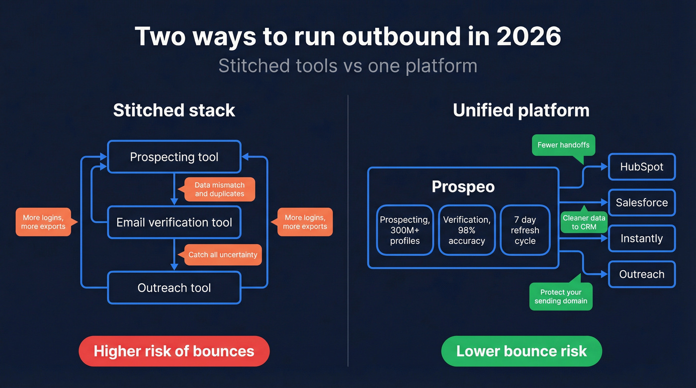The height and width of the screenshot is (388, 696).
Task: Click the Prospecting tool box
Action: tap(174, 157)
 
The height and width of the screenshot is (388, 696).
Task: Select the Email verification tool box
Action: tap(174, 223)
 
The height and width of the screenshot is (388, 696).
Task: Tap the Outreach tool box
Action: tap(174, 288)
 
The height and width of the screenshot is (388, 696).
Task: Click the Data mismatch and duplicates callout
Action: tap(220, 190)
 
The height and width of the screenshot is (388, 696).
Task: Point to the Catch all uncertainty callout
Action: tap(223, 255)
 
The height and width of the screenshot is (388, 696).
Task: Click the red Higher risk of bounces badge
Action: tap(174, 351)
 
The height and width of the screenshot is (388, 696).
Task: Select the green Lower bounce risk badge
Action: tap(522, 351)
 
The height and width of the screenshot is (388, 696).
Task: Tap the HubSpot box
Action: tap(641, 167)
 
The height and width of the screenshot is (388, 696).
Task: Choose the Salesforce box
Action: tap(641, 203)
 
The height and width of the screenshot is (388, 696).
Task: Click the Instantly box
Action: tap(641, 238)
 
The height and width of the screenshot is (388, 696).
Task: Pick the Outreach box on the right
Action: tap(641, 274)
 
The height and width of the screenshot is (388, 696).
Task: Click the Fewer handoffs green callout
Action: tap(563, 145)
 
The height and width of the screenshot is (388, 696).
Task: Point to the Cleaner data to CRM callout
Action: tap(584, 222)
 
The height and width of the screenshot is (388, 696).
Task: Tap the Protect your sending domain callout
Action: tap(561, 297)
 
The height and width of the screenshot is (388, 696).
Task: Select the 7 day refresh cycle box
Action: tap(525, 230)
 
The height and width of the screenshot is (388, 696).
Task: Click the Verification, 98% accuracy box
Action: tap(466, 230)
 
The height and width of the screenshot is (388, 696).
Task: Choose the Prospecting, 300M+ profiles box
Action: tap(405, 230)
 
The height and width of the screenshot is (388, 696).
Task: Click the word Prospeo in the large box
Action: tap(463, 187)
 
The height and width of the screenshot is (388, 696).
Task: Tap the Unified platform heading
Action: tap(521, 110)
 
